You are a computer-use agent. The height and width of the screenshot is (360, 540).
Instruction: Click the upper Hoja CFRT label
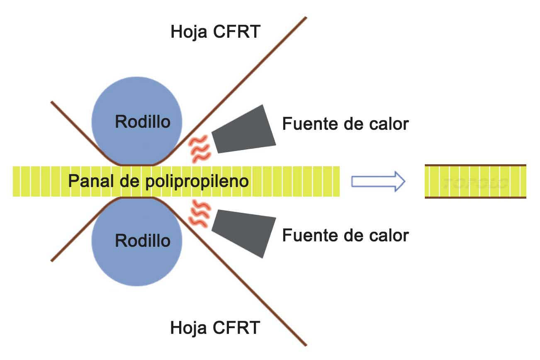point(215,32)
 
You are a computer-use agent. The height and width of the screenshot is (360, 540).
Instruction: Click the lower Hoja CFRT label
point(215,328)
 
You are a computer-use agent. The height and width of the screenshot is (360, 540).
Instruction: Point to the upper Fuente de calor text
point(345,124)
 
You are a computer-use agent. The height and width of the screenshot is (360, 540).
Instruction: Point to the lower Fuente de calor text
point(345,235)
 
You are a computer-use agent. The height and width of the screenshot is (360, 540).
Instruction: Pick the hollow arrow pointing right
point(378,182)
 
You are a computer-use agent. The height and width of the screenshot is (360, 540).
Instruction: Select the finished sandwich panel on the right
point(475,182)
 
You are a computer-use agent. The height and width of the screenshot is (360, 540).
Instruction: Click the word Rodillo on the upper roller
point(143,122)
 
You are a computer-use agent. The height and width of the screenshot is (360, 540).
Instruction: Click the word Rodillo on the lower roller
point(143,241)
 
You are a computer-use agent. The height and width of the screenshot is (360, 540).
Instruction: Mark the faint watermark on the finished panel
point(475,182)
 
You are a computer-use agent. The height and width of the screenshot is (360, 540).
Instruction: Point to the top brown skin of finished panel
point(475,165)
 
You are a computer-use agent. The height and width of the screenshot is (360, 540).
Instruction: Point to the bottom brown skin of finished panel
point(475,197)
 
